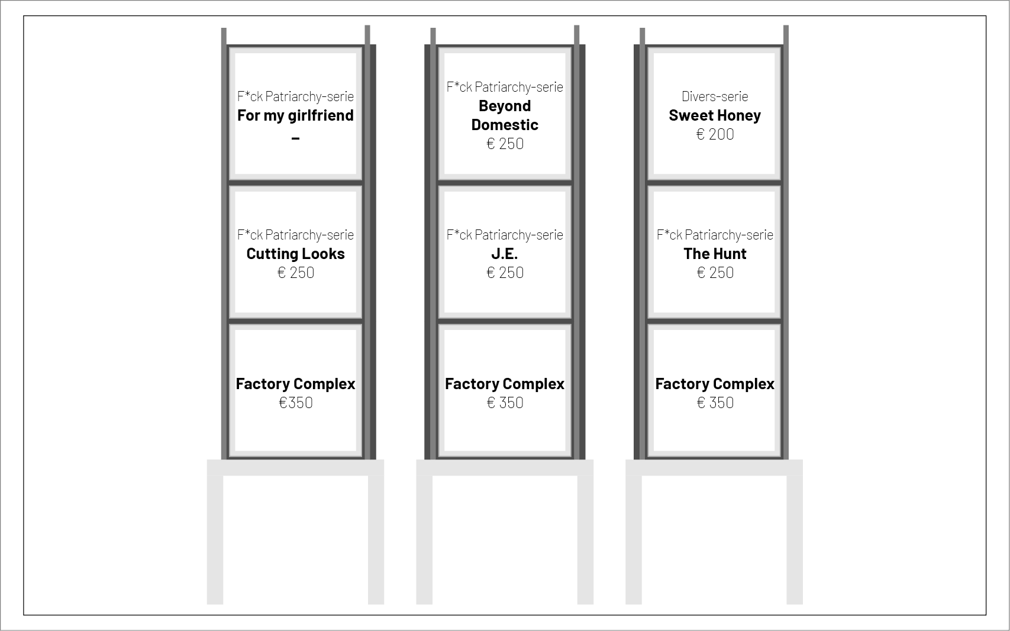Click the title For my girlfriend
pyautogui.click(x=295, y=115)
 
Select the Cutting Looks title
pyautogui.click(x=295, y=254)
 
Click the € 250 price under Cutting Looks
pyautogui.click(x=295, y=273)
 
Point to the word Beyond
pyautogui.click(x=505, y=106)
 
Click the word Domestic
pyautogui.click(x=505, y=125)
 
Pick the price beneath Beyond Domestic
pyautogui.click(x=505, y=144)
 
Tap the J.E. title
pyautogui.click(x=505, y=254)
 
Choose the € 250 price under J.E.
pyautogui.click(x=505, y=273)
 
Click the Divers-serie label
pyautogui.click(x=715, y=96)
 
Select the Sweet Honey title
pyautogui.click(x=715, y=115)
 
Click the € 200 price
pyautogui.click(x=715, y=134)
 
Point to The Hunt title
pyautogui.click(x=715, y=254)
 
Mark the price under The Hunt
pyautogui.click(x=715, y=273)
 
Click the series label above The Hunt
pyautogui.click(x=715, y=235)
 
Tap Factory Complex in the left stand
pyautogui.click(x=295, y=384)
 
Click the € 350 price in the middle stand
pyautogui.click(x=505, y=403)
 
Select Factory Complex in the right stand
pyautogui.click(x=715, y=384)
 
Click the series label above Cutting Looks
pyautogui.click(x=295, y=235)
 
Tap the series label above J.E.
pyautogui.click(x=505, y=235)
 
